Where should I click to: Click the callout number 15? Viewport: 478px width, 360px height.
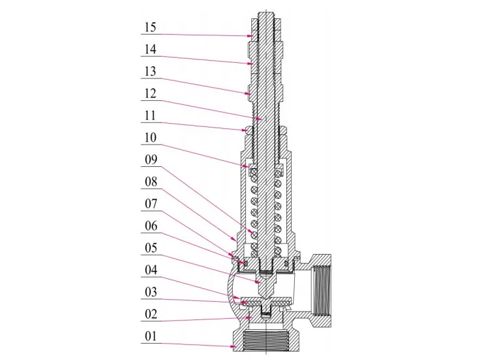tap(150, 27)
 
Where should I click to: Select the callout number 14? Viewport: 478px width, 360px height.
tap(150, 50)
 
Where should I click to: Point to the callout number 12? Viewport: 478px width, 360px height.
tap(150, 94)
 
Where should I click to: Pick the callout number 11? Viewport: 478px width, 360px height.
tap(150, 116)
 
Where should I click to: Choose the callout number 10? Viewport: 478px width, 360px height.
tap(150, 138)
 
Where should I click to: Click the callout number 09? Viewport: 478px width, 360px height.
tap(150, 160)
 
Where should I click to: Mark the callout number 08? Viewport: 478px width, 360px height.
tap(150, 183)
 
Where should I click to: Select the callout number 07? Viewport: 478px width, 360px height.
tap(150, 205)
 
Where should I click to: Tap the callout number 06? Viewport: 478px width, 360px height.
tap(150, 226)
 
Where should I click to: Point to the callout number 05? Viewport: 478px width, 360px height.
tap(150, 249)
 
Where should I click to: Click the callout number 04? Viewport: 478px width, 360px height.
tap(150, 270)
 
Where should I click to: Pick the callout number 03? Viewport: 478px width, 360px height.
tap(150, 293)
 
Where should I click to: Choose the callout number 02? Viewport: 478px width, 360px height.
tap(150, 315)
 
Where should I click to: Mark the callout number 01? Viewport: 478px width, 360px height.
tap(150, 337)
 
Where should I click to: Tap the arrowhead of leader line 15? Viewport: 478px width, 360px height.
tap(252, 36)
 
